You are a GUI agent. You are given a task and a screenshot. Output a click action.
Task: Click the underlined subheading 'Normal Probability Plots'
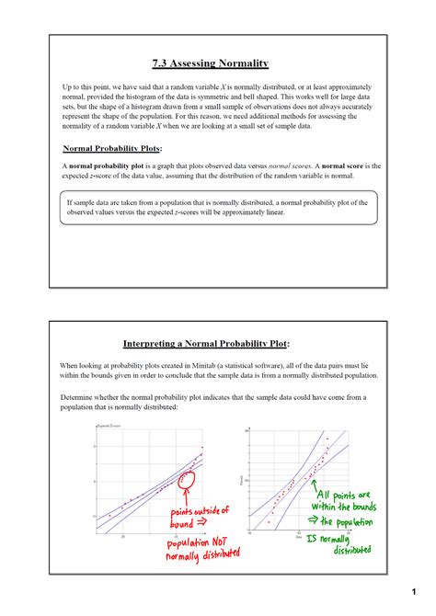pos(110,148)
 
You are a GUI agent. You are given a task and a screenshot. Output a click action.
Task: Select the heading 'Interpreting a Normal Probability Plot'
pos(211,343)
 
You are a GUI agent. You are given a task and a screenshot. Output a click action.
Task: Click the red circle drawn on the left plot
pos(187,481)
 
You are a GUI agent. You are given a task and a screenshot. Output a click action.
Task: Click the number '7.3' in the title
pos(162,63)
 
